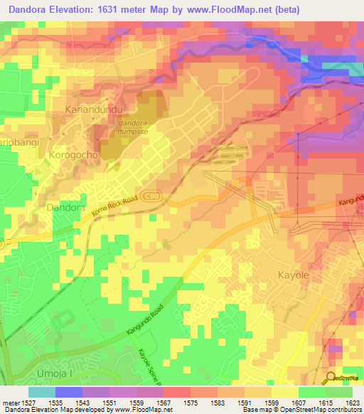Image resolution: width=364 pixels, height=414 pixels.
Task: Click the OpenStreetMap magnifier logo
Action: pyautogui.click(x=331, y=377)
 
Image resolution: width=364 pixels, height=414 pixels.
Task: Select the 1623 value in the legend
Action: pyautogui.click(x=353, y=402)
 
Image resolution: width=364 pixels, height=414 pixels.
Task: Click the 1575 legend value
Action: pyautogui.click(x=191, y=402)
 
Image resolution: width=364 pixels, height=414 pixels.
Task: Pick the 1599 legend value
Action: pyautogui.click(x=272, y=402)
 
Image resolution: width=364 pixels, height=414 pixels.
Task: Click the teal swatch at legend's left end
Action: pyautogui.click(x=42, y=392)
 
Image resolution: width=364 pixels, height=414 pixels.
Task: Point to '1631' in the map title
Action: pyautogui.click(x=133, y=9)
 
